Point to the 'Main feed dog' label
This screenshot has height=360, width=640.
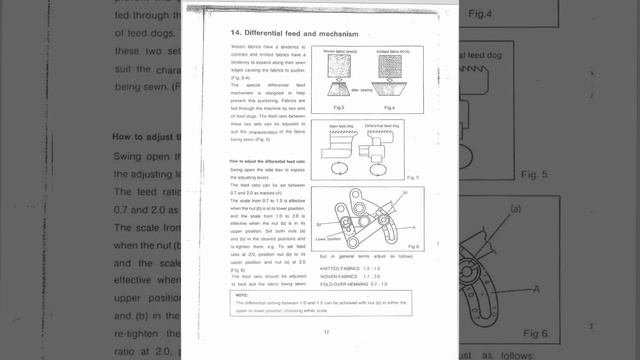click(x=342, y=124)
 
